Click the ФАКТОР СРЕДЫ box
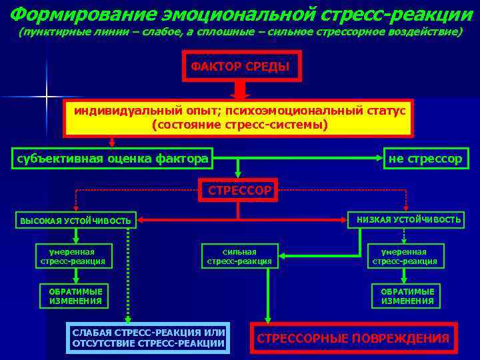coord(241,67)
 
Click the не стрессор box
coord(425,159)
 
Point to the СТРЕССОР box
coord(239,191)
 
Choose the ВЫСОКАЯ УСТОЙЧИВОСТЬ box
coord(75,220)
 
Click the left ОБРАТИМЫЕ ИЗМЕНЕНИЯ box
coord(75,296)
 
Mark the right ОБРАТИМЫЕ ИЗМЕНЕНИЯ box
coord(407,296)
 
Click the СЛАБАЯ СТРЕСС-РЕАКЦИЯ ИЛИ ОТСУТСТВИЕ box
coord(148,338)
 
